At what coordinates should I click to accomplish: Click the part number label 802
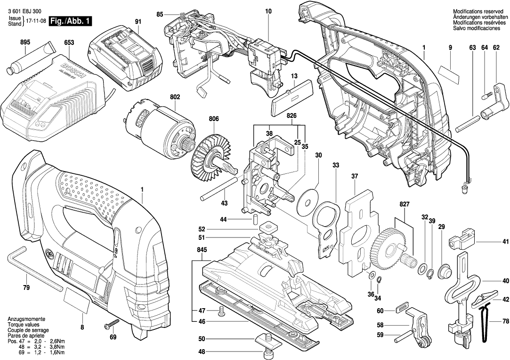(175, 97)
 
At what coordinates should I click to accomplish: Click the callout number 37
(354, 176)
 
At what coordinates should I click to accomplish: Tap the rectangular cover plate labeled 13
(292, 96)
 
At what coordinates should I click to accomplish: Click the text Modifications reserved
(476, 11)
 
